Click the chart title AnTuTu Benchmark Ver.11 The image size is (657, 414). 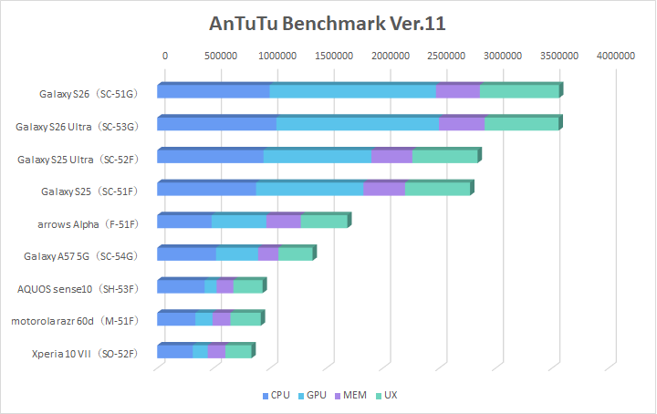[328, 23]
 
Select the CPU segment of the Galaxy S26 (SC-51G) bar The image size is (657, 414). [214, 91]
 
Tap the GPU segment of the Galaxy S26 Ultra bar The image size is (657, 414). [358, 124]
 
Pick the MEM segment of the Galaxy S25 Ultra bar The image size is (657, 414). [392, 156]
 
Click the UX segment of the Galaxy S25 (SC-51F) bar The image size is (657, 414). [437, 189]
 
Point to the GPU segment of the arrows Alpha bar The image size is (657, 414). [239, 222]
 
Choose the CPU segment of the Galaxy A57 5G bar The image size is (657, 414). [187, 254]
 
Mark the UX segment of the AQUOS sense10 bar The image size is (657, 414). [247, 286]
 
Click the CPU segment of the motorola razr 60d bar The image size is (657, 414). [176, 318]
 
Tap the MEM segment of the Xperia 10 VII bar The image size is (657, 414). [216, 351]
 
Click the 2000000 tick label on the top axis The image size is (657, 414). [391, 57]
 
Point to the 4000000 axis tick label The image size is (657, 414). [616, 57]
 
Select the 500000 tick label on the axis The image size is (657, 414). [221, 57]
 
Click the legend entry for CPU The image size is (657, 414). [276, 396]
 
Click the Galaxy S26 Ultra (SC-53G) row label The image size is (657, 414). [77, 126]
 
